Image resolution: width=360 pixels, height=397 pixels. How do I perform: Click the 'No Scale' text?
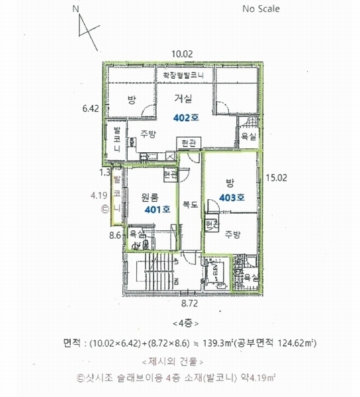[x=261, y=9]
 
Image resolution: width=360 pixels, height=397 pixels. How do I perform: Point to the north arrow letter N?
[x=76, y=9]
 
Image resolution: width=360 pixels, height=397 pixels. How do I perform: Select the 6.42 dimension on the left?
[x=90, y=107]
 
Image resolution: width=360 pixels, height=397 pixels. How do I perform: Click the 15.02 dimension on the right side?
[x=275, y=177]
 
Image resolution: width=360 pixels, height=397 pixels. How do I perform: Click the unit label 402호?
[x=185, y=118]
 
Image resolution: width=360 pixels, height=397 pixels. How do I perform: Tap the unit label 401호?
[x=157, y=209]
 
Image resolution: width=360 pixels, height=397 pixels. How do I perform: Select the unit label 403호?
[x=232, y=197]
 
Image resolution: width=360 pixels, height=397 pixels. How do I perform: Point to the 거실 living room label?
[x=183, y=99]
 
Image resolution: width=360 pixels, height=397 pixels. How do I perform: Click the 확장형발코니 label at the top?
[x=183, y=76]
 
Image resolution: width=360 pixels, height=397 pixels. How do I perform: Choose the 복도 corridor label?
[x=191, y=205]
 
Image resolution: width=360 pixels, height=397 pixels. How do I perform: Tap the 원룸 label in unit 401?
[x=150, y=197]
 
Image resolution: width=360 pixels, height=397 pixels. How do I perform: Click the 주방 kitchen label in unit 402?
[x=148, y=134]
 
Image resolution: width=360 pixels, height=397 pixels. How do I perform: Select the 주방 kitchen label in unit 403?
[x=232, y=234]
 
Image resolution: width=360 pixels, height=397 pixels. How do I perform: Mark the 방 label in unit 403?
[x=230, y=183]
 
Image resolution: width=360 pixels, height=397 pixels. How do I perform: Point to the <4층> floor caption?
[x=181, y=324]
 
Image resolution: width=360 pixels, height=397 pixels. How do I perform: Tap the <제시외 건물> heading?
[x=181, y=362]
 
